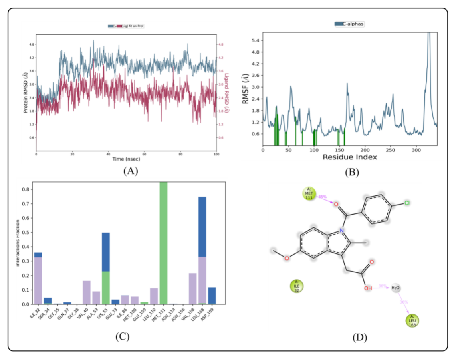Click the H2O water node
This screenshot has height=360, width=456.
coord(395,288)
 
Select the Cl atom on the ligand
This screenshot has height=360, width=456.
coord(407,203)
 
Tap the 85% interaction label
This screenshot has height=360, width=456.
coord(323,197)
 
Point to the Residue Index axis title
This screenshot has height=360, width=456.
coord(350,157)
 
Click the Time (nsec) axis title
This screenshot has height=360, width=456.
coord(126,159)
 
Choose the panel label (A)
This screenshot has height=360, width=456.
coord(130,171)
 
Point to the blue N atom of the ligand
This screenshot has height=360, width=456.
coord(341,231)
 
